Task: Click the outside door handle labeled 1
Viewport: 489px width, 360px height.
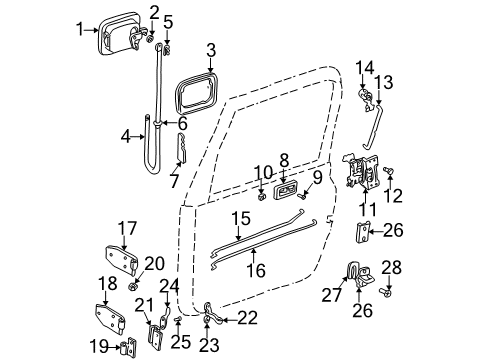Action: click(x=117, y=30)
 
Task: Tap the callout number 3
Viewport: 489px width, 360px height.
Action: click(x=210, y=48)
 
